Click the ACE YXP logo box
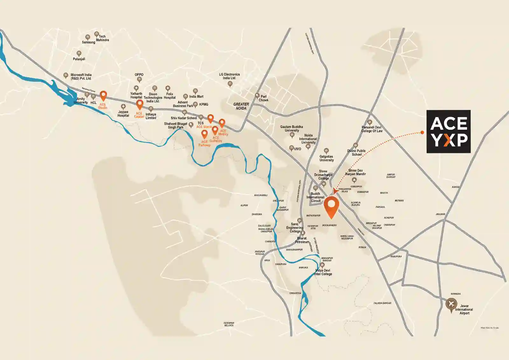(x=448, y=131)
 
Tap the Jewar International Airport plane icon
(x=451, y=304)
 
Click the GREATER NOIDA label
(x=241, y=106)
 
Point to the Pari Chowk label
(x=263, y=98)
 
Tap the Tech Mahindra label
(x=102, y=38)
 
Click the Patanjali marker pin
(x=79, y=53)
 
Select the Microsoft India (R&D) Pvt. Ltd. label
(x=81, y=76)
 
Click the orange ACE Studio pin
(x=103, y=95)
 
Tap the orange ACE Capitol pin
(x=139, y=104)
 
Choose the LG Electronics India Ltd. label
(x=229, y=76)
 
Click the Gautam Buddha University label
(x=291, y=129)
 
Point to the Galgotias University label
(x=326, y=158)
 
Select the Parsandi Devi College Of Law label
(x=372, y=129)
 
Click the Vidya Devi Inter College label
(x=323, y=272)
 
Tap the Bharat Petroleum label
(x=302, y=240)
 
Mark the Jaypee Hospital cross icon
(x=123, y=107)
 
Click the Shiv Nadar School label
(x=184, y=118)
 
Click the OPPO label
(x=139, y=74)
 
